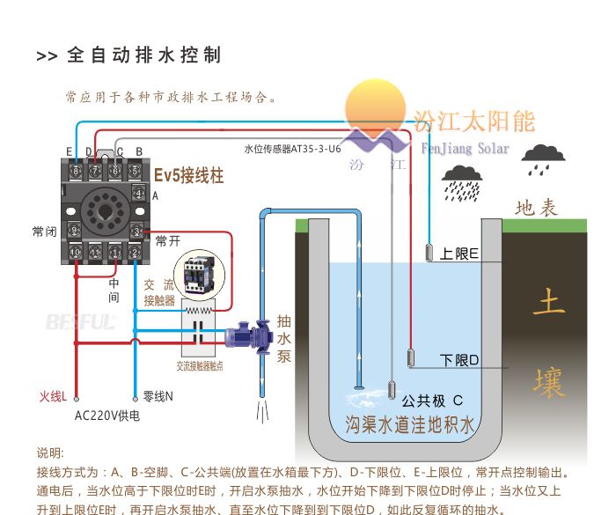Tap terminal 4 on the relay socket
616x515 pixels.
point(137,193)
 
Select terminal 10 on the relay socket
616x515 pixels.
point(76,253)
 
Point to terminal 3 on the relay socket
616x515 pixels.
point(137,231)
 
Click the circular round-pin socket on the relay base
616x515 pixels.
point(106,212)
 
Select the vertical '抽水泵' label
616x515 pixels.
point(284,338)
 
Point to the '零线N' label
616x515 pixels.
point(158,396)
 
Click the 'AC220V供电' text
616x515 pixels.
point(106,416)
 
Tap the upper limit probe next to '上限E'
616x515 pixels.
point(429,253)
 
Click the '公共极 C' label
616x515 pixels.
point(432,398)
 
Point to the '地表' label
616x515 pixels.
point(537,208)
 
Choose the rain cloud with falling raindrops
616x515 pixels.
point(463,181)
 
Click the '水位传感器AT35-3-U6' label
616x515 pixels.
point(292,150)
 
